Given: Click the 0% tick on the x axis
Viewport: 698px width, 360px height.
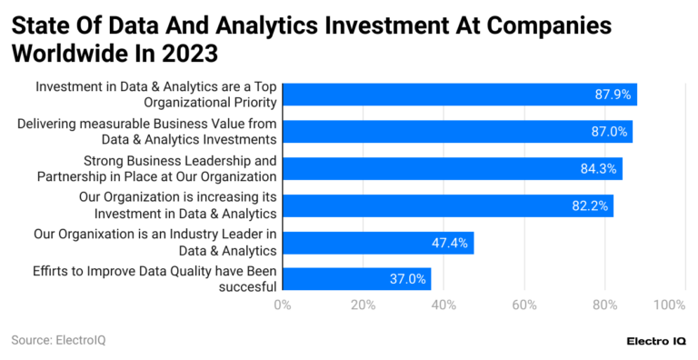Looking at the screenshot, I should tap(282, 304).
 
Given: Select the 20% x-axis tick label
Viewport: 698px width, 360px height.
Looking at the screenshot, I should tap(363, 304).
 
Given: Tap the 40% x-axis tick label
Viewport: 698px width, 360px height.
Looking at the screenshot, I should tap(444, 304).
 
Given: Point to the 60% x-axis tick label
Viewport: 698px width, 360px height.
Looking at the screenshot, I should tap(524, 304).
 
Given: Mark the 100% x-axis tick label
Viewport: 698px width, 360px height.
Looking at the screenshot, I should tap(669, 304).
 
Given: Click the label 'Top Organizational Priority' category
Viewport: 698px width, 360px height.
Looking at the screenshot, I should tap(156, 95).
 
